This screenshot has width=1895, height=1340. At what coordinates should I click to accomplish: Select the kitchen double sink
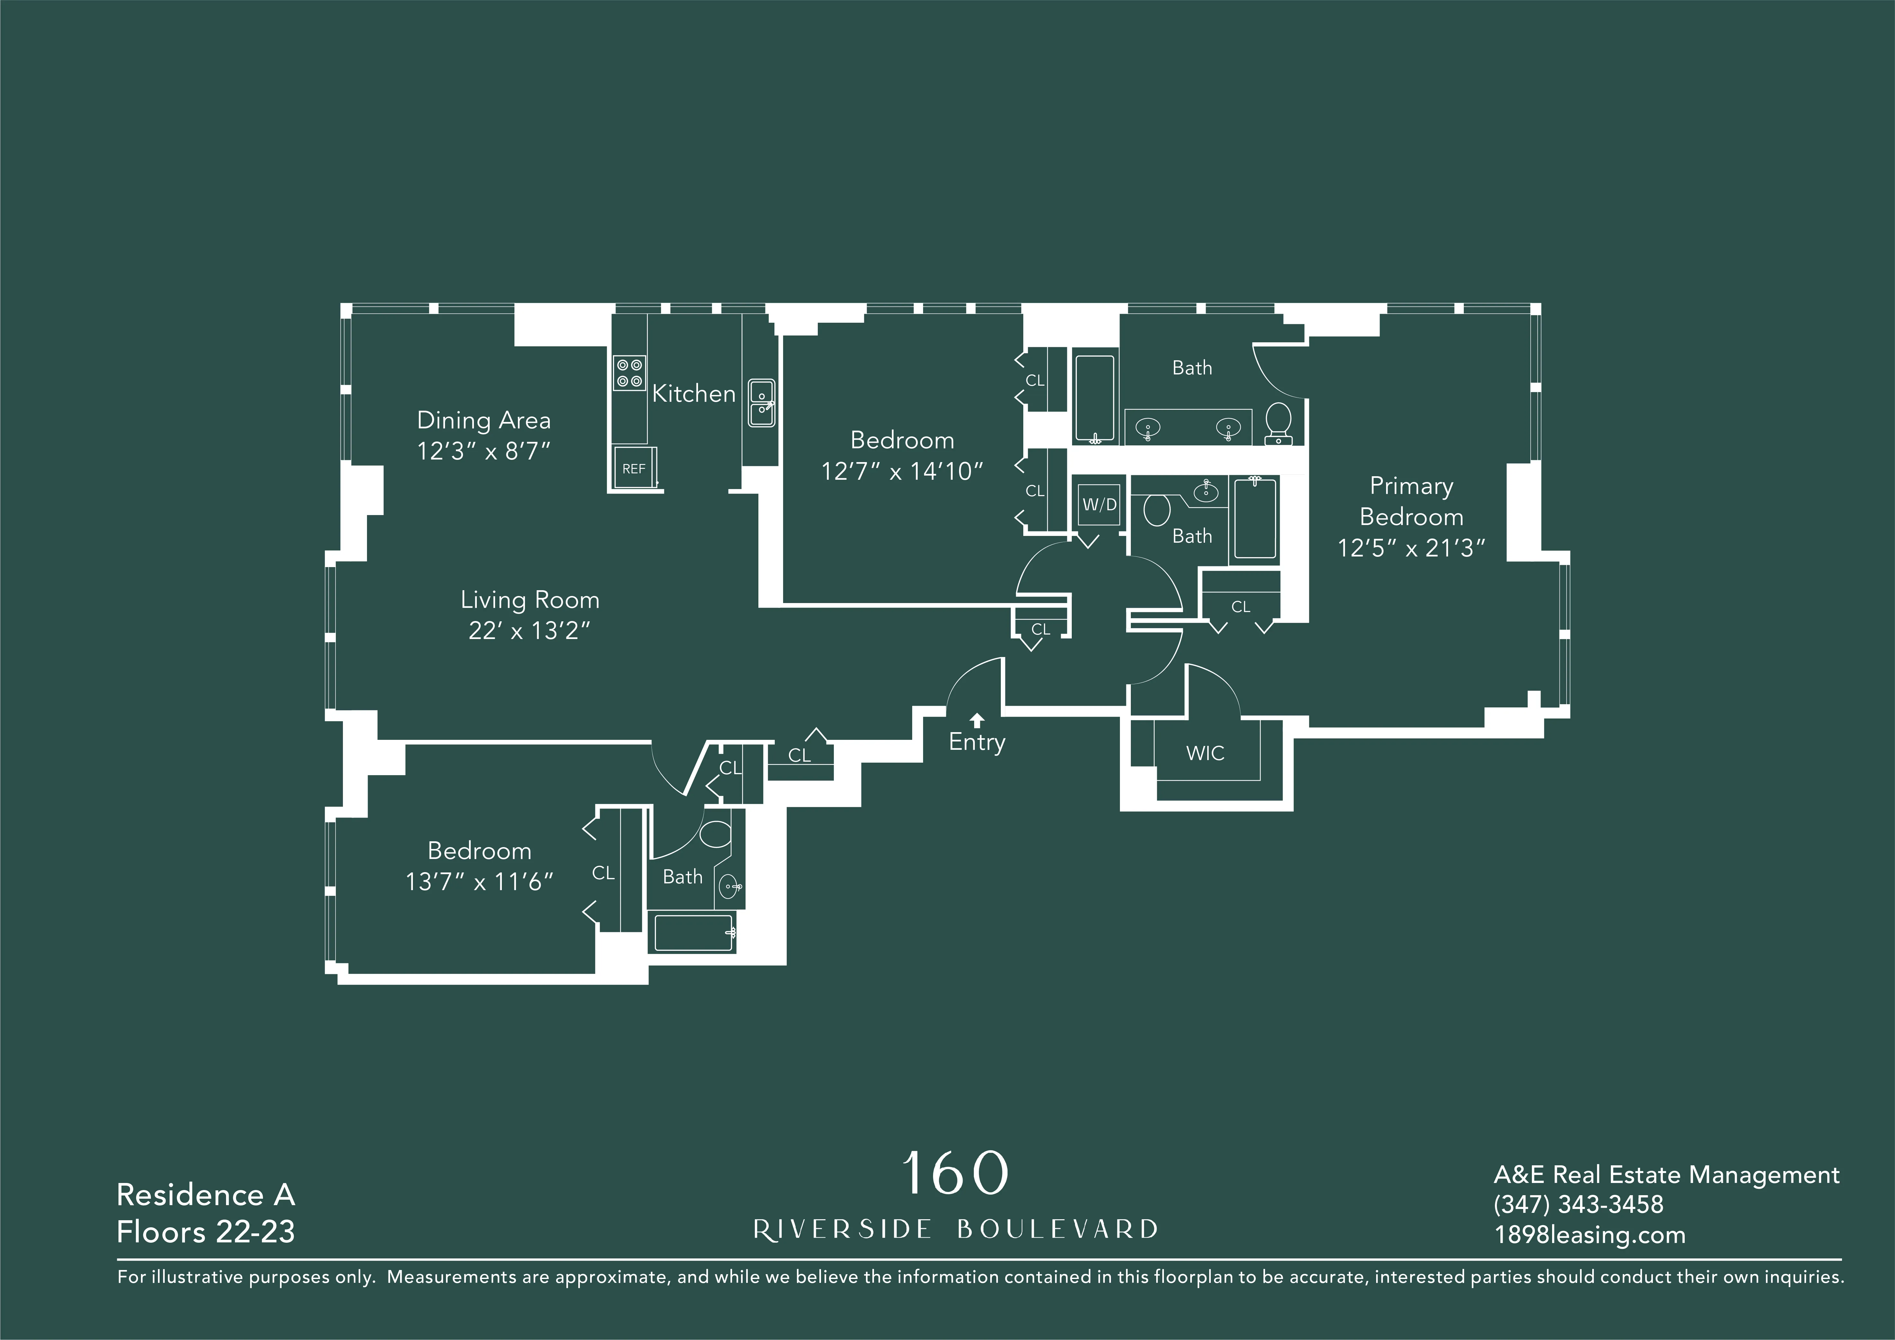pyautogui.click(x=761, y=403)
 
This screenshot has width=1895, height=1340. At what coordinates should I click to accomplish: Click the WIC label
pyautogui.click(x=1205, y=753)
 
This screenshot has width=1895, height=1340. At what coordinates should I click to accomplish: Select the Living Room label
pyautogui.click(x=530, y=600)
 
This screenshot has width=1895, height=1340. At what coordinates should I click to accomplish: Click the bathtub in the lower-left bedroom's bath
pyautogui.click(x=693, y=933)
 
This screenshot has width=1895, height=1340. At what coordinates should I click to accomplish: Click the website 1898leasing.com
pyautogui.click(x=1590, y=1235)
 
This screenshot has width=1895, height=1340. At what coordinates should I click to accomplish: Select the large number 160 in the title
pyautogui.click(x=955, y=1173)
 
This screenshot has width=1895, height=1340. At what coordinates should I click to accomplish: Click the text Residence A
pyautogui.click(x=205, y=1195)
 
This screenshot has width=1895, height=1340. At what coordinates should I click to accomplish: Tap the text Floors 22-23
pyautogui.click(x=205, y=1232)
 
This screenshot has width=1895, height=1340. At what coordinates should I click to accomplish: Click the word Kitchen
pyautogui.click(x=693, y=394)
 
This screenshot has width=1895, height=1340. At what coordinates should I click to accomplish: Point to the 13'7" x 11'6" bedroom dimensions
pyautogui.click(x=479, y=882)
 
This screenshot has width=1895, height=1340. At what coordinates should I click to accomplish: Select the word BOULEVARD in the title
pyautogui.click(x=1057, y=1229)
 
